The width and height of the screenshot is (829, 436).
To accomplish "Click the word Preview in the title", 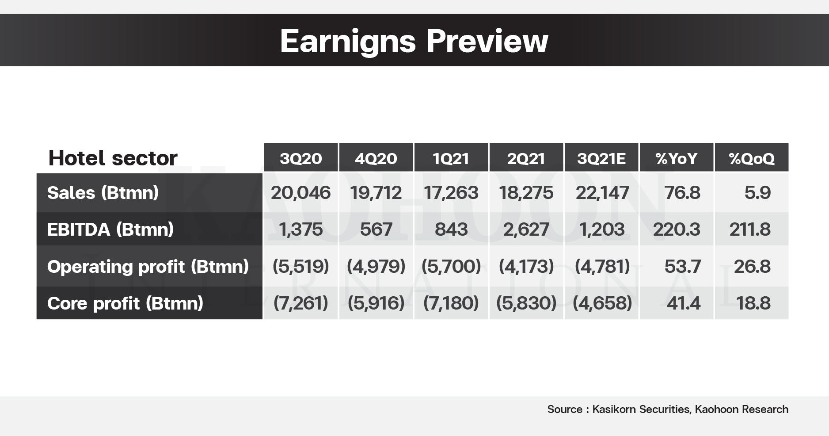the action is (x=487, y=41).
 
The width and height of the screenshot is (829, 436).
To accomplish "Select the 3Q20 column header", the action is (x=301, y=158).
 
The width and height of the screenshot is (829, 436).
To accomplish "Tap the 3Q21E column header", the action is (x=601, y=158).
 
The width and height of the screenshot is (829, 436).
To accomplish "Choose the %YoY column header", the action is (x=677, y=158).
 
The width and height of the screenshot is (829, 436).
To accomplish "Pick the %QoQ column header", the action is (x=752, y=158).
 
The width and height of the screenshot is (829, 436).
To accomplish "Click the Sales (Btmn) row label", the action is (x=103, y=193).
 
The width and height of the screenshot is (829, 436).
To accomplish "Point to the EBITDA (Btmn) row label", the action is (x=110, y=229).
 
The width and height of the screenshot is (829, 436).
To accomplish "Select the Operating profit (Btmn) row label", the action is (x=148, y=267).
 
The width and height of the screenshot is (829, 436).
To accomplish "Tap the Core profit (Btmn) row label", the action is (x=125, y=303).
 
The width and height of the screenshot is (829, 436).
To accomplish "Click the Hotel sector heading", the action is (x=113, y=158).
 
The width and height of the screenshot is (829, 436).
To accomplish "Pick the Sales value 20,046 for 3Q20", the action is (x=301, y=193).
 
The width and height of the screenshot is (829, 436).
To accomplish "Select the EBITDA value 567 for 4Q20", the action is (x=376, y=229).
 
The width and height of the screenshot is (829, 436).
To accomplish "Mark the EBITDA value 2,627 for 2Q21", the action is (x=526, y=229).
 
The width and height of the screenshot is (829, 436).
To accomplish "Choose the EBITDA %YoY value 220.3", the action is (x=677, y=229).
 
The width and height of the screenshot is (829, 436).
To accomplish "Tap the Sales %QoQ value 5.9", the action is (x=757, y=193).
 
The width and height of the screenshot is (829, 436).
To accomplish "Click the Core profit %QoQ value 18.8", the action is (x=753, y=303).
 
